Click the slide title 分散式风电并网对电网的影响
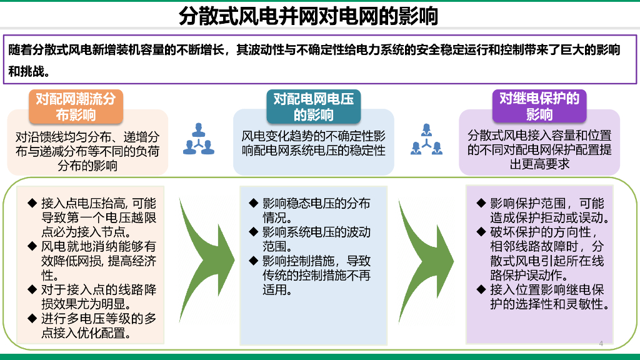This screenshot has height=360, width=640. (309, 16)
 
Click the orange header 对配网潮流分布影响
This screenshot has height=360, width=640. (76, 106)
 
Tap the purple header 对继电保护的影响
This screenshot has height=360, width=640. (539, 106)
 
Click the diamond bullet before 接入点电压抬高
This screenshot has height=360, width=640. (32, 203)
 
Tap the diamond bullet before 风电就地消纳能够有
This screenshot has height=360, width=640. (32, 246)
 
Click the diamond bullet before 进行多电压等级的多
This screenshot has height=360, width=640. (32, 318)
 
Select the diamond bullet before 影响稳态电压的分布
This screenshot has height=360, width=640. (253, 203)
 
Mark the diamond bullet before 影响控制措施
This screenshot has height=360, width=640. (253, 261)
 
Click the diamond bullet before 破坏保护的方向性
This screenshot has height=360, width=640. (481, 232)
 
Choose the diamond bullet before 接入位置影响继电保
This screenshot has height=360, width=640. (481, 289)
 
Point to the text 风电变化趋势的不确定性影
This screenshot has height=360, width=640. (313, 136)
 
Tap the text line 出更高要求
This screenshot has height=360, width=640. (539, 164)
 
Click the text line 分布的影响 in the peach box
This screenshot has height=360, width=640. (87, 166)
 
